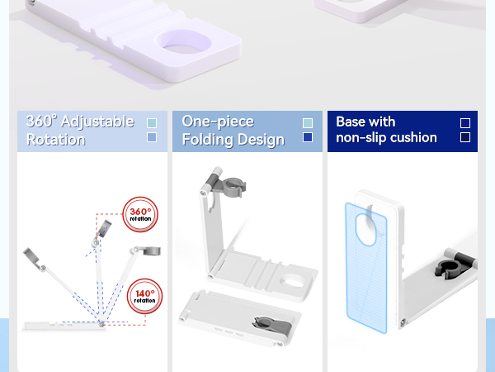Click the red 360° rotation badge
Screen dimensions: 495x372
(x=140, y=214)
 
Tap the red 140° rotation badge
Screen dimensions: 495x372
(x=144, y=296)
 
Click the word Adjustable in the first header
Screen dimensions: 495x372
(x=97, y=122)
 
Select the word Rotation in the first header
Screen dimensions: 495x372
(x=55, y=140)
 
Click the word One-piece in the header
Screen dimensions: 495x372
(x=218, y=122)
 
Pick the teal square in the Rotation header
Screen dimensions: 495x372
(x=152, y=123)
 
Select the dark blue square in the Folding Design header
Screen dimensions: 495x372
(x=308, y=137)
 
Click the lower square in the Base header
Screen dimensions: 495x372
(x=465, y=137)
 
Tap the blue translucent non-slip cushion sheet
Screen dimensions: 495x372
(x=366, y=268)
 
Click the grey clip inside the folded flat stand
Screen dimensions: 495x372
(x=272, y=325)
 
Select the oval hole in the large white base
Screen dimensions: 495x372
(x=183, y=42)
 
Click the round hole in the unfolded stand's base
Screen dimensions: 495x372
(x=292, y=281)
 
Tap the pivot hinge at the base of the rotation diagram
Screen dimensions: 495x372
(x=101, y=324)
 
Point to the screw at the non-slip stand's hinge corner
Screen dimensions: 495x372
(x=403, y=322)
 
